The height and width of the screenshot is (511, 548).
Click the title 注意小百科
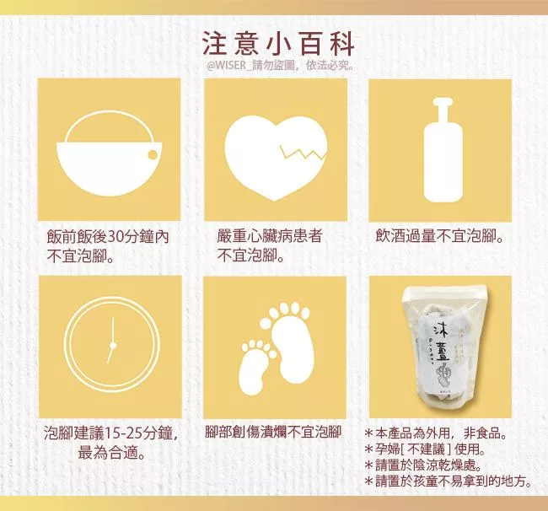coord(278,45)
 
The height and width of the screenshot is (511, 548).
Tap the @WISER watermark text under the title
coord(280,66)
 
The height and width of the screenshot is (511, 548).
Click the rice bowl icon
coord(110,153)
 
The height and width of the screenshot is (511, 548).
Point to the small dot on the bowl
coord(153,154)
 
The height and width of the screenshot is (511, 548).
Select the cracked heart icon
coord(276,159)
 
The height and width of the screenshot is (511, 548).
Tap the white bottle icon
coord(443,150)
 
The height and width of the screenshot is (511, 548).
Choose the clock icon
coord(112,344)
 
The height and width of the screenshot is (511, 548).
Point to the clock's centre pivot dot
coord(112,346)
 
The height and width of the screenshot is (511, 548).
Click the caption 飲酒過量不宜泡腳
coord(440,237)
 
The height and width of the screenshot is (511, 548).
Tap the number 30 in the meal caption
coord(114,237)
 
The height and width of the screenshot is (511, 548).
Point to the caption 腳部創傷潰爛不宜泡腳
coord(273,433)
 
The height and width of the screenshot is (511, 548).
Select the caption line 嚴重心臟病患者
coord(269,237)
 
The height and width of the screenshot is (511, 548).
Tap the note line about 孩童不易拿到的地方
coord(449,481)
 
